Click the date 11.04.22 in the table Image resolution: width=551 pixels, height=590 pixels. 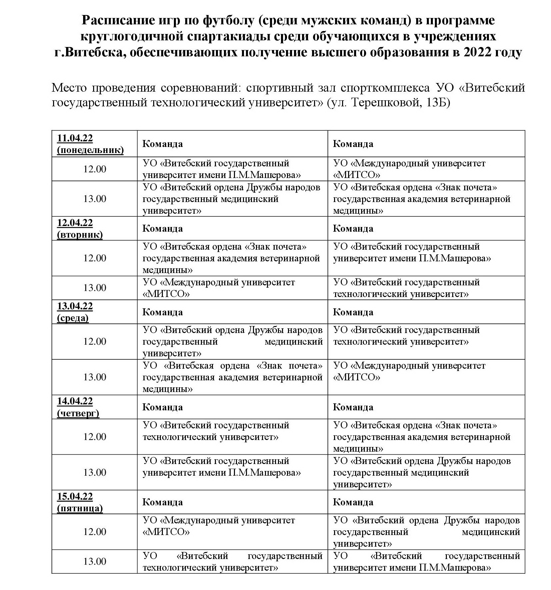[x=75, y=138]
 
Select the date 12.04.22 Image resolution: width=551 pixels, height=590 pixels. [x=75, y=223]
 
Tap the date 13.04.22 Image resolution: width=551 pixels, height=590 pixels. [x=75, y=306]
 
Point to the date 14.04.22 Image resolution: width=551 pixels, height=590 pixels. [x=75, y=401]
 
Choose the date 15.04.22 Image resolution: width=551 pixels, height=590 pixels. [x=75, y=496]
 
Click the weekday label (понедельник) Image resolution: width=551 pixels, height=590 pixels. [x=90, y=150]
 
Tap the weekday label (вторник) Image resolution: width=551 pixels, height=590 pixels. [x=80, y=235]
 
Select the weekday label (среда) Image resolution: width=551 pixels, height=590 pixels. [x=73, y=318]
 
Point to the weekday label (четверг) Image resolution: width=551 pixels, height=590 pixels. [x=78, y=413]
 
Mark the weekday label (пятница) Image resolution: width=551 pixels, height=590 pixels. [x=80, y=508]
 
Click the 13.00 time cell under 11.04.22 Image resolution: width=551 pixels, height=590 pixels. [x=95, y=199]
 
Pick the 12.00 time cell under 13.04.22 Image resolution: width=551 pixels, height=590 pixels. [x=95, y=342]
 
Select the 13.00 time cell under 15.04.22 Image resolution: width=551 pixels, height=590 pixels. [x=95, y=562]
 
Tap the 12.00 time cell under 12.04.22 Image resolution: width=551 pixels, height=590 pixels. [x=95, y=258]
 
